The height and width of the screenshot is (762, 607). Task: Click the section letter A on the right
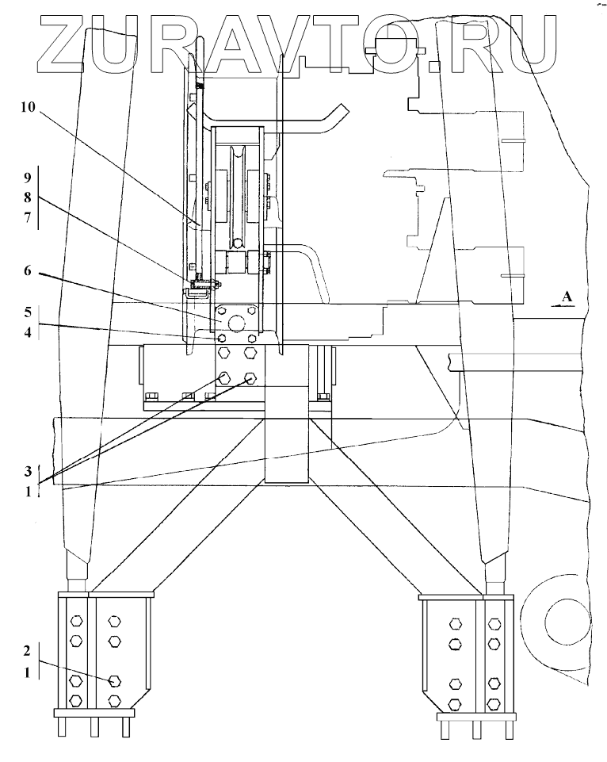click(x=566, y=297)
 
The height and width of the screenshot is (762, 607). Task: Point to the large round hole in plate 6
click(x=235, y=324)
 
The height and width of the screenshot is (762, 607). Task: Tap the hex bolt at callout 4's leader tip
click(x=223, y=339)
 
